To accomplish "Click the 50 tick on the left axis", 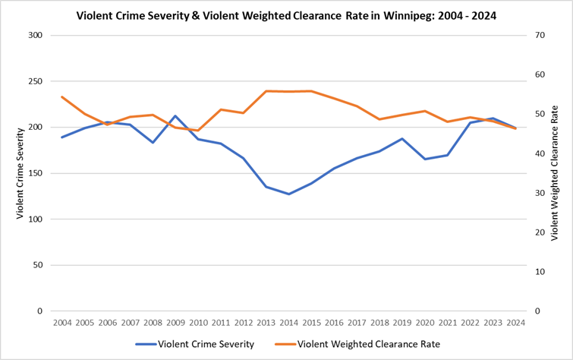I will [39, 265].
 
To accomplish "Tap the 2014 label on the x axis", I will [288, 322].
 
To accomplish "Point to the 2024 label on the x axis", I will [515, 322].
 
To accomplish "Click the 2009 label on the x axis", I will [175, 322].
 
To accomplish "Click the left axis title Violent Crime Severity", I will [20, 173].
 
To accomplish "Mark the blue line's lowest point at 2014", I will [288, 194].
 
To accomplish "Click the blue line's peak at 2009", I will [175, 116].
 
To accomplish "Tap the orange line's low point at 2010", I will [198, 131].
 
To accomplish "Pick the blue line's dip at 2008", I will [153, 142].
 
